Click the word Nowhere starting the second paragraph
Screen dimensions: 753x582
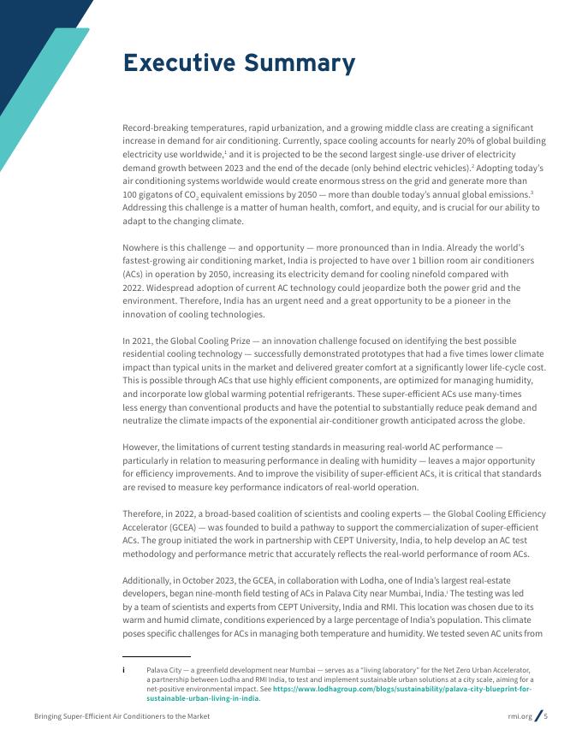[x=145, y=247]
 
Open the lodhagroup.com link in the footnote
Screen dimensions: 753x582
[x=402, y=689]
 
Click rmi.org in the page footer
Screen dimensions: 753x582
[x=520, y=716]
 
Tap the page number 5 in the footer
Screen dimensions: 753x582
[x=546, y=716]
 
